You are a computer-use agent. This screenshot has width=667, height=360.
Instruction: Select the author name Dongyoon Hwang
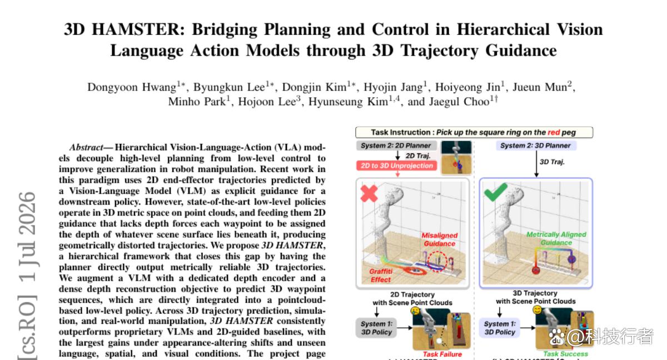coord(132,87)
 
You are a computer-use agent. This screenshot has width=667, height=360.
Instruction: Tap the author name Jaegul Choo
coord(460,102)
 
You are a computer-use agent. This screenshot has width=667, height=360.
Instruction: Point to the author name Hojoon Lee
coord(267,102)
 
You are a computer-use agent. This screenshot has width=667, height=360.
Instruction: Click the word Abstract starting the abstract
coord(86,147)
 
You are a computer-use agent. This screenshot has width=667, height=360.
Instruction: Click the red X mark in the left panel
coord(369,193)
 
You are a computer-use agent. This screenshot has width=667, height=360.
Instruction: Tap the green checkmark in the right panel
coord(495,192)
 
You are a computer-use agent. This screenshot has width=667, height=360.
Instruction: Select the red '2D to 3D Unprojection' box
coord(397,166)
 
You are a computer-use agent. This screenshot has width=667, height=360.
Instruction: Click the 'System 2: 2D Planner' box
coord(396,146)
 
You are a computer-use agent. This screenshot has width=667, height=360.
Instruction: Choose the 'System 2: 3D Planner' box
coord(535,146)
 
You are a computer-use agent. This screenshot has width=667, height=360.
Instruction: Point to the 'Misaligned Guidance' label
coord(440,239)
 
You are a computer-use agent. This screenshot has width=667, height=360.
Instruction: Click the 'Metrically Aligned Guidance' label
coord(556,238)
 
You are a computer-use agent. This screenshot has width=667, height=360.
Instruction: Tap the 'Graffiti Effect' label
coord(381,276)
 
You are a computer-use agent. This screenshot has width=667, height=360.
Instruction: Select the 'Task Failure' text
coord(442,354)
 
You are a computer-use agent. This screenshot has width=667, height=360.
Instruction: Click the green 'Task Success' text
coord(565,354)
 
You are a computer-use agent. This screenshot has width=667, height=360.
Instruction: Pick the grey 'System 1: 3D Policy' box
coord(376,328)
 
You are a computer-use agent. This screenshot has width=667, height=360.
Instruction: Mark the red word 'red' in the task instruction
coord(554,132)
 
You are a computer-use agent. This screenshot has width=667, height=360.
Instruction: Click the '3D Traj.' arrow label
coord(552,162)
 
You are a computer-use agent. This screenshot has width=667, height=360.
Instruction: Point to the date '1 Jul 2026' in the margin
coord(27,237)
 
